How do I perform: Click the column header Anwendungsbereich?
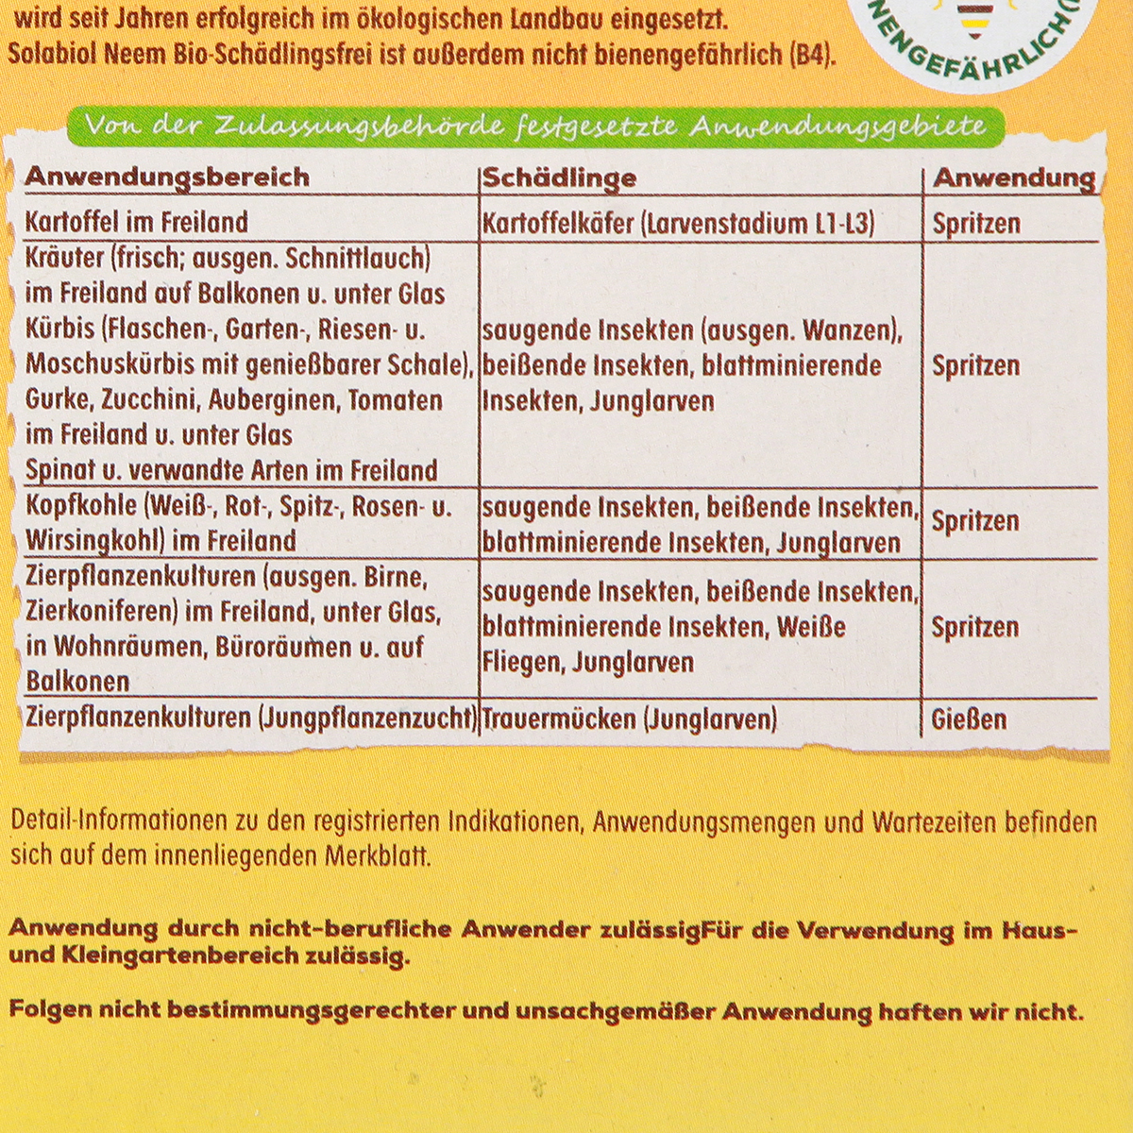coord(167,177)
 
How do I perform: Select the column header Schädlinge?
coord(560,178)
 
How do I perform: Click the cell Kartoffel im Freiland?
coord(137,222)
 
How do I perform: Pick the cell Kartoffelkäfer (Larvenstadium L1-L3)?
coord(679,223)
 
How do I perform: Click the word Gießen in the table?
coord(969,719)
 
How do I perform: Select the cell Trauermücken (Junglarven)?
coord(629,719)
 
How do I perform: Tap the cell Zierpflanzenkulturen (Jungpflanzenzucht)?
coord(251,718)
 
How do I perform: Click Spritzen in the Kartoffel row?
coord(976,224)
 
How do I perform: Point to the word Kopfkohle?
coord(82,506)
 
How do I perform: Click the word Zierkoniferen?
coord(102,612)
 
